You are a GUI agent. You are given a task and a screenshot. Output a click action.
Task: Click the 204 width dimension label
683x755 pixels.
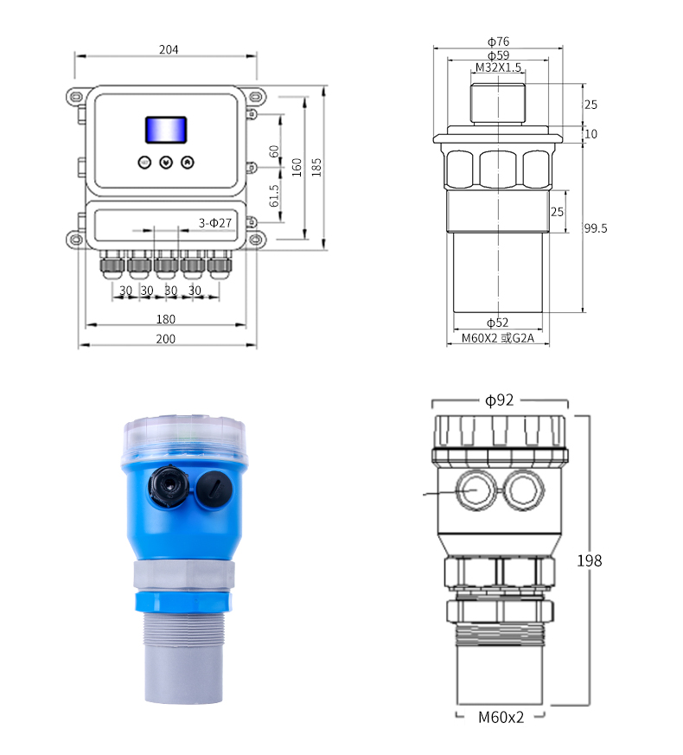(x=169, y=49)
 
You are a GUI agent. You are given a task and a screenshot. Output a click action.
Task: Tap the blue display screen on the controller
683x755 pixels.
(x=166, y=130)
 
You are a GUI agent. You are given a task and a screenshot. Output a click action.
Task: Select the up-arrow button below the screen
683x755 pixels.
(x=188, y=163)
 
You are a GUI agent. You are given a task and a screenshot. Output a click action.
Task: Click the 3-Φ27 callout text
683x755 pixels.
(x=215, y=223)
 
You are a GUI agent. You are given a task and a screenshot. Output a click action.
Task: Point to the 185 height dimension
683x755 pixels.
(x=316, y=167)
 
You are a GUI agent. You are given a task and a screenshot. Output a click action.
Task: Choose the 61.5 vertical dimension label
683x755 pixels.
(x=274, y=196)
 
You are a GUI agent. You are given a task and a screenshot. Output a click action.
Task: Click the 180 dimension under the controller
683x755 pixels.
(x=166, y=319)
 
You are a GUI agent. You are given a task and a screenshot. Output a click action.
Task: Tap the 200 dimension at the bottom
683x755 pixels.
(x=166, y=339)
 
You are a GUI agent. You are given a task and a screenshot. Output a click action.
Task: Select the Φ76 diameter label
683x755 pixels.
(x=498, y=42)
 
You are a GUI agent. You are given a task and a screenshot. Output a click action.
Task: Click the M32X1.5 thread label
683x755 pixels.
(x=498, y=67)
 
